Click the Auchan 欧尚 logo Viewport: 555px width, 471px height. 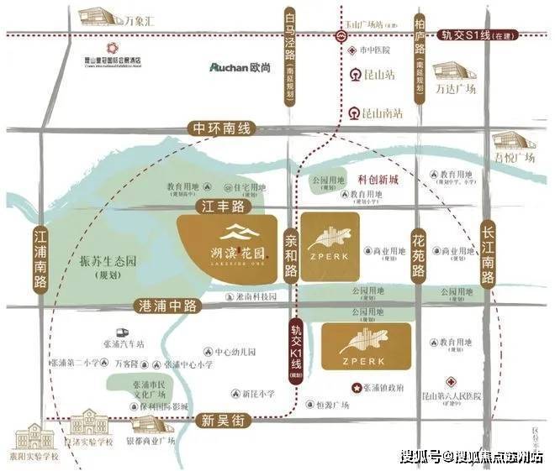point(246,65)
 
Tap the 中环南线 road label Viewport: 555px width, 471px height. point(221,129)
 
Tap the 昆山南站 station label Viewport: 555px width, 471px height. point(381,111)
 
